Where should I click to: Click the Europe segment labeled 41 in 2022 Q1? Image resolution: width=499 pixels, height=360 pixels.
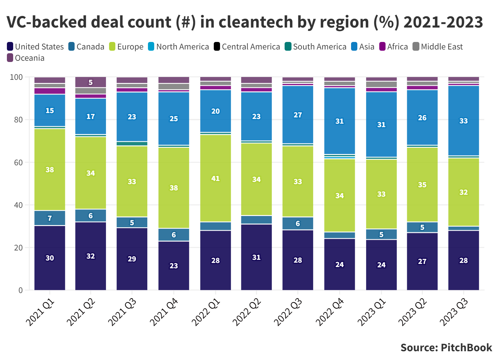(x=215, y=178)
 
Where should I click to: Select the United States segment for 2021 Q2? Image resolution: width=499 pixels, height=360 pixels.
(x=91, y=256)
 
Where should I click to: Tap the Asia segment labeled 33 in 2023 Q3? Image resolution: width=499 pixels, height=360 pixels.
(x=463, y=121)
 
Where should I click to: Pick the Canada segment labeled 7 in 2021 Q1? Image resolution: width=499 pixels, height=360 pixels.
(x=50, y=218)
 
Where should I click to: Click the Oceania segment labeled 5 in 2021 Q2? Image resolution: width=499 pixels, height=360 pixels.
(x=91, y=82)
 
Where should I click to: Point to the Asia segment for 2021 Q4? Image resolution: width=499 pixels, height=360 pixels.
(x=174, y=118)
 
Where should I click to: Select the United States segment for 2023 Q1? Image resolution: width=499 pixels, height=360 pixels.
(x=381, y=265)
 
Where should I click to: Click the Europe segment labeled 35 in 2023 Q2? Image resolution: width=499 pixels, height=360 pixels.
(x=422, y=184)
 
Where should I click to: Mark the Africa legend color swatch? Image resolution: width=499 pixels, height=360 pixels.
(x=382, y=47)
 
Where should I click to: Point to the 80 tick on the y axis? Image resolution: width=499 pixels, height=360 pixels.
(x=18, y=120)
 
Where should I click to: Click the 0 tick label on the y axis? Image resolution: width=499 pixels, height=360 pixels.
(x=20, y=290)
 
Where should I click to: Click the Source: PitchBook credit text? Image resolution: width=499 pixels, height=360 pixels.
(x=446, y=347)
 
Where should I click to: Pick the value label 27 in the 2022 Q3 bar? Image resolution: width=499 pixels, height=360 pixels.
(x=297, y=115)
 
